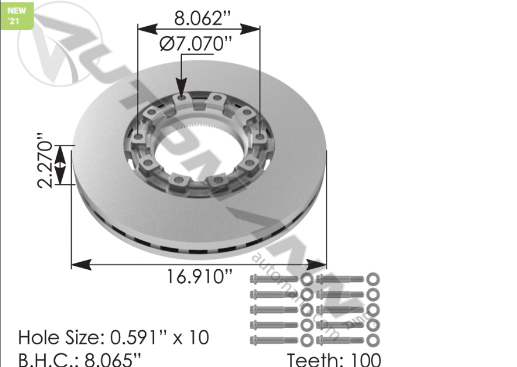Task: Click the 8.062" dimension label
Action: click(x=199, y=18)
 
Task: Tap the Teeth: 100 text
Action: click(x=334, y=360)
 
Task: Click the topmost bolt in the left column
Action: click(x=274, y=280)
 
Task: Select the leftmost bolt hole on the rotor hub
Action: click(x=138, y=137)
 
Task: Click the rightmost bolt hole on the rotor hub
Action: click(x=259, y=137)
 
